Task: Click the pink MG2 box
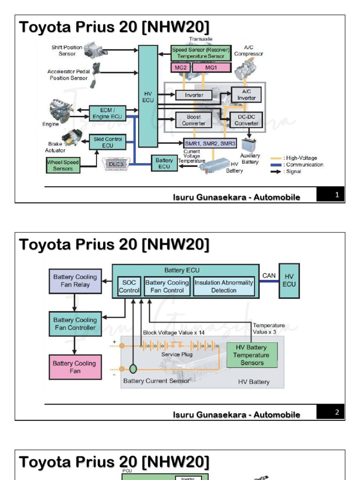180,67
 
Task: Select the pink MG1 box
211,67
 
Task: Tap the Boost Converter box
193,120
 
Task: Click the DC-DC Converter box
246,120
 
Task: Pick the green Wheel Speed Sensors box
63,165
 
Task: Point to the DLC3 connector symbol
115,164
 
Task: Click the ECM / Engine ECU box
107,113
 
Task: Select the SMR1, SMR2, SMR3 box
210,143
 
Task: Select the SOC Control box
128,286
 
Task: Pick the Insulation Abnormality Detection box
224,286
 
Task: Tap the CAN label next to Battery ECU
269,276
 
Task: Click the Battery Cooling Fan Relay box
75,281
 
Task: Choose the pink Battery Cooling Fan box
75,367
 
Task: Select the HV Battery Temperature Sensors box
252,355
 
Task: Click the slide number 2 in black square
337,412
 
